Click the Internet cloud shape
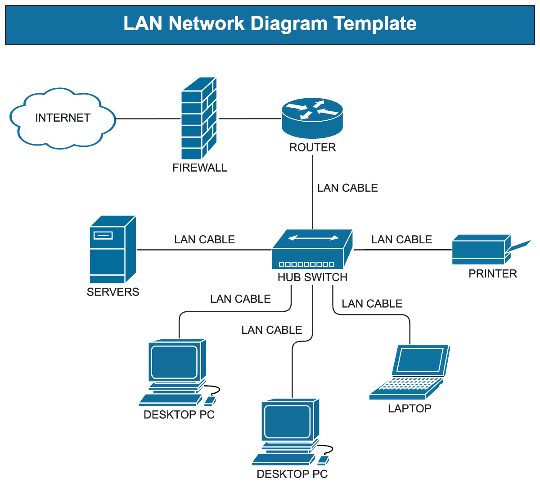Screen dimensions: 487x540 coord(63,118)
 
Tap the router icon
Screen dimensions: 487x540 coord(312,118)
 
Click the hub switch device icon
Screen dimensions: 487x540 coord(312,250)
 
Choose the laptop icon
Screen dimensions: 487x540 coord(409,372)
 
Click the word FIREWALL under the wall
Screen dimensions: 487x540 coord(200,168)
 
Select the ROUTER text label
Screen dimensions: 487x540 coord(312,147)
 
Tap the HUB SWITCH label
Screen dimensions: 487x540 coord(312,277)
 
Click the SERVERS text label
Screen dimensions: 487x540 coord(113,292)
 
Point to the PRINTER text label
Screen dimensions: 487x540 coord(493,273)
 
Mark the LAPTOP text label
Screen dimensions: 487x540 coord(409,408)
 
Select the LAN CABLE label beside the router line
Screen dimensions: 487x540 coord(347,188)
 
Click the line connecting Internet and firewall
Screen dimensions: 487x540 coord(148,119)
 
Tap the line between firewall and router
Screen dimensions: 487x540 coord(250,119)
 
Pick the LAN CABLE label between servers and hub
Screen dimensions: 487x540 coord(204,239)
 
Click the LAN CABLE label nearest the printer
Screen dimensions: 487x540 coord(401,239)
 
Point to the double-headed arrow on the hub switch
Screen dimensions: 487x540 coord(314,238)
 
